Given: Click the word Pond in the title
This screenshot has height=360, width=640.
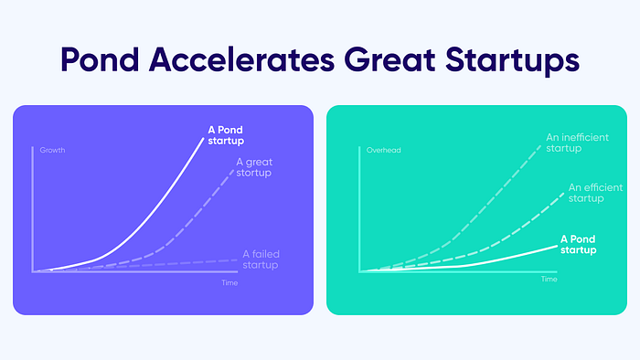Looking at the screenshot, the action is coord(100,59).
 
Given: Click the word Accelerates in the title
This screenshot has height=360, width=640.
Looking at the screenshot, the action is coord(241,59).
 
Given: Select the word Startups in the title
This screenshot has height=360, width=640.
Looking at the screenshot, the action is coord(512,61).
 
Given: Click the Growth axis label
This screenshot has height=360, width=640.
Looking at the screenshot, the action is coord(52,150).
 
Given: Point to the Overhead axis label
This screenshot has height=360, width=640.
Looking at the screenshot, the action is coord(384,150).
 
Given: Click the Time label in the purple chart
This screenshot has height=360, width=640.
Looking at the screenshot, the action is coord(229,282).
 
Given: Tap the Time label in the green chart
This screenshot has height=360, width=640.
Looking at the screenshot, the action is coord(549,279).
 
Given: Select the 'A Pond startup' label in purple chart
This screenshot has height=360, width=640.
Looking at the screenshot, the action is coord(226,135).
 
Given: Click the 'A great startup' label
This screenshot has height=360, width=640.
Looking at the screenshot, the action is coord(254,167).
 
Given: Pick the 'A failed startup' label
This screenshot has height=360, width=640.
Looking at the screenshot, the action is coord(261,259).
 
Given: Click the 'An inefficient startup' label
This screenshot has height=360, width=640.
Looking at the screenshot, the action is coord(577,143).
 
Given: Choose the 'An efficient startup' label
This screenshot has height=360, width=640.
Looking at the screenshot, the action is coord(595,193).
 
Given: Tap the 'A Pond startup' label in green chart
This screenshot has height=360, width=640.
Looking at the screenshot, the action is coord(578,244).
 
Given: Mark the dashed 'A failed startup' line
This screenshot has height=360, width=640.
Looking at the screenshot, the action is coord(134,266).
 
